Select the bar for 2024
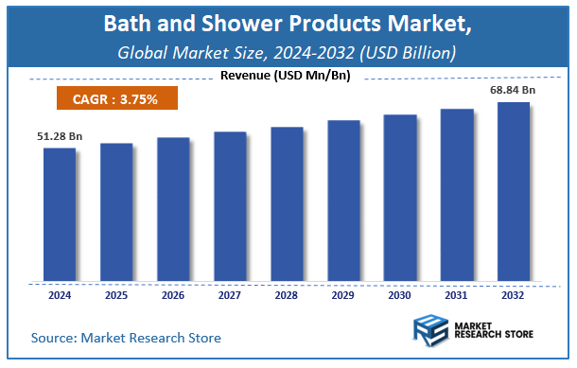59,215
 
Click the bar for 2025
116,212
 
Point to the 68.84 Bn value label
513,90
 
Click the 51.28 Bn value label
60,136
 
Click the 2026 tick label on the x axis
173,296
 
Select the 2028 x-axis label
287,296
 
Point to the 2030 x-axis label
400,296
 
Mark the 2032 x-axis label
514,296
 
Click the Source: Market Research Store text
126,337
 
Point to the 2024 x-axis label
59,296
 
